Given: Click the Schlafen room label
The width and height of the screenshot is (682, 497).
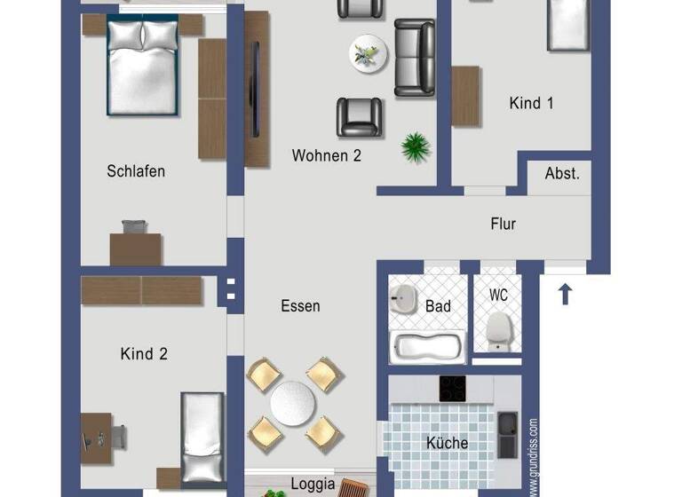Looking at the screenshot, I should point(136,171).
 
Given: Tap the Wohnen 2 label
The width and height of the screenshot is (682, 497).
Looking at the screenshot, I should point(326,156).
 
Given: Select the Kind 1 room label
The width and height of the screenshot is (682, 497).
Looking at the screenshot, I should point(531,104).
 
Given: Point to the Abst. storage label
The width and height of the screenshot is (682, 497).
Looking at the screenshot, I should point(561,174).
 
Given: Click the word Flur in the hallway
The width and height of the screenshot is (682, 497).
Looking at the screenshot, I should point(503,225).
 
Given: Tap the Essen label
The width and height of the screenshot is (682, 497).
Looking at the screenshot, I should point(300,306).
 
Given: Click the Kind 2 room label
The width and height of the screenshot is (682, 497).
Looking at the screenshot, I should point(144,354).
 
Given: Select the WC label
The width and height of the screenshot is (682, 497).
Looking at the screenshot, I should point(499,294).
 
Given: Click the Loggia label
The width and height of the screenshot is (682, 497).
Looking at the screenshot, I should point(313,485).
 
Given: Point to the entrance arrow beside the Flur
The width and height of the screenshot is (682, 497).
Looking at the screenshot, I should point(565,293).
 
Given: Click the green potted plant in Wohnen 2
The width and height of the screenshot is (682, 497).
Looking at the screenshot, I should point(415,146).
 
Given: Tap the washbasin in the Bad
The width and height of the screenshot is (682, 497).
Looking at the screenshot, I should point(404,298).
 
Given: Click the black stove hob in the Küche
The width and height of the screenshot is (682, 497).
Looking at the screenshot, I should point(453,389).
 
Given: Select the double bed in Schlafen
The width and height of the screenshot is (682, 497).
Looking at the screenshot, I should point(142,67).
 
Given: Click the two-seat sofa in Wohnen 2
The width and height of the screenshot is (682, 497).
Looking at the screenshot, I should point(415,58).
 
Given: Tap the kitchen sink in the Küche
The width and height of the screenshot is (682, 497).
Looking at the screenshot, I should point(507,435).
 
